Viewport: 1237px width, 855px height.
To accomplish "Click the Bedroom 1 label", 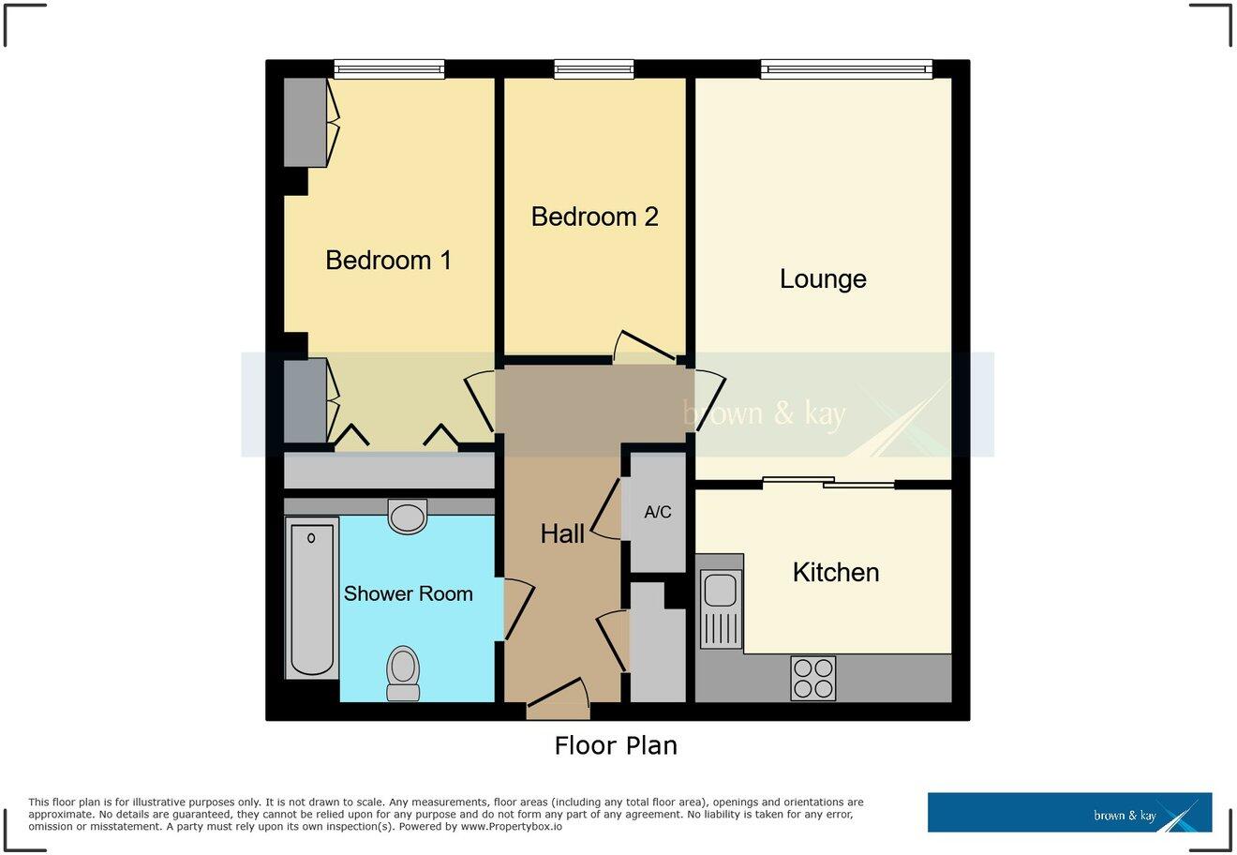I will [x=388, y=260].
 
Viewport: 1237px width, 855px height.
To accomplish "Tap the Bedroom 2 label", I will [x=594, y=217].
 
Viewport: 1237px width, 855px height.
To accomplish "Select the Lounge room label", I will [x=823, y=278].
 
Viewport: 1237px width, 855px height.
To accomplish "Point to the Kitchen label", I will [x=836, y=572].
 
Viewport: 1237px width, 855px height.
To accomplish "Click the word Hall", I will [x=562, y=533].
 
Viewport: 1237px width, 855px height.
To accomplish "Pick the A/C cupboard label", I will [x=658, y=513].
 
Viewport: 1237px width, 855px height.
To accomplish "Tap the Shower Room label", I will [x=408, y=593].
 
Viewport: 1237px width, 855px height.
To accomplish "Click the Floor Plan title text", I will [x=616, y=745].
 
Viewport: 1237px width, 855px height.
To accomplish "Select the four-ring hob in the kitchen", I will [x=813, y=678].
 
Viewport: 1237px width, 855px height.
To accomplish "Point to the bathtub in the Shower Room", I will [x=312, y=598].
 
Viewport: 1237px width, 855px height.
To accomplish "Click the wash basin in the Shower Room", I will [x=408, y=516].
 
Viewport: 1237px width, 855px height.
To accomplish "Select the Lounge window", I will [x=846, y=67].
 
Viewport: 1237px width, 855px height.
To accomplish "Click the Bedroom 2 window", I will [x=594, y=67].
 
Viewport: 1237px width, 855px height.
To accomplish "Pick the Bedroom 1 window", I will [x=389, y=67].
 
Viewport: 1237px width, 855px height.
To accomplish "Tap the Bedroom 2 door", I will [x=644, y=348].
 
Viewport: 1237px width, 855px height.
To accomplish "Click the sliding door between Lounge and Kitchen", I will [x=828, y=482].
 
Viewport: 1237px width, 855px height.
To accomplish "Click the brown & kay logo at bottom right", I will [x=1069, y=813].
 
